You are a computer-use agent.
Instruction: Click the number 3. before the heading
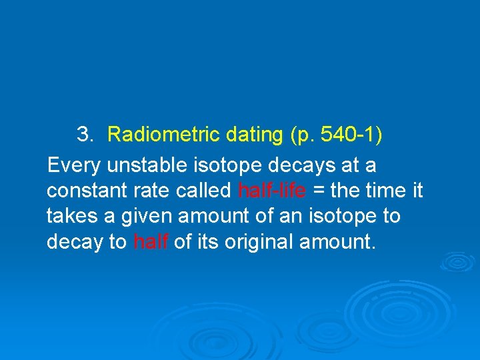(x=85, y=135)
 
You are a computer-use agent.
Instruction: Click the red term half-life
(x=272, y=191)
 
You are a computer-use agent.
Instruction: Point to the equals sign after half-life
(x=319, y=191)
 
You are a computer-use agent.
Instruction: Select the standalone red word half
(x=151, y=241)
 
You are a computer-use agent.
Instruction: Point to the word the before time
(x=346, y=191)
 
